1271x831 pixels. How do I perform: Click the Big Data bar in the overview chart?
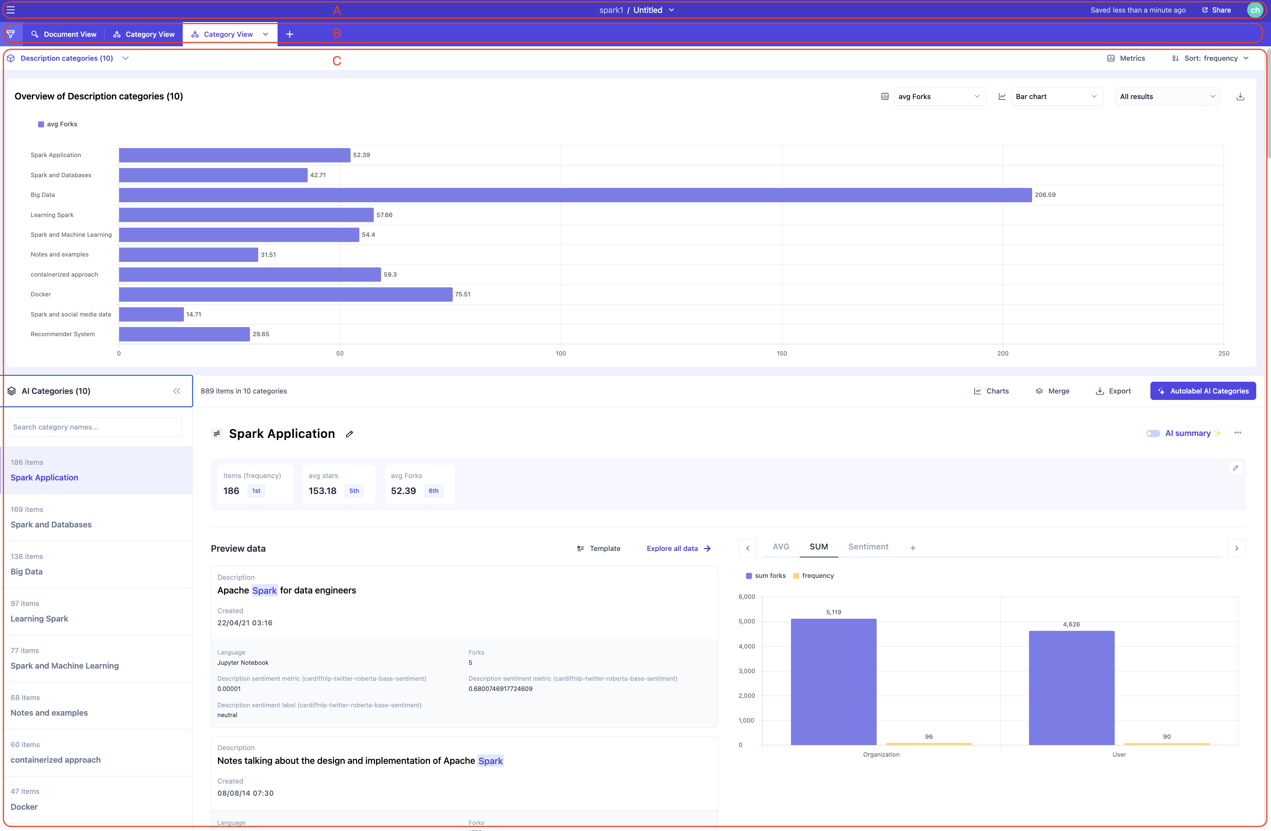click(x=574, y=195)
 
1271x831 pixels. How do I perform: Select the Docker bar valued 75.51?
click(x=285, y=294)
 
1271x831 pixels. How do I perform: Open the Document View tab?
click(x=64, y=34)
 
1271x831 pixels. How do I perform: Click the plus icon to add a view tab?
click(x=289, y=34)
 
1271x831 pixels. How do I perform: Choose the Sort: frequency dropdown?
click(x=1210, y=58)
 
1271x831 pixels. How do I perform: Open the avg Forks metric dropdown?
click(x=939, y=97)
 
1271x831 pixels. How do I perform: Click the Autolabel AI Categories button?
click(x=1203, y=391)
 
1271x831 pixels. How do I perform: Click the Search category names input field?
click(x=95, y=427)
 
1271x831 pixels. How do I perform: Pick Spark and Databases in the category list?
click(x=51, y=525)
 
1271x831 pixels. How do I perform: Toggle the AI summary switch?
click(x=1152, y=433)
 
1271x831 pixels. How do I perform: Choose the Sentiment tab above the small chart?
click(x=868, y=547)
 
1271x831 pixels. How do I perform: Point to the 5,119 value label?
click(x=833, y=612)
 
